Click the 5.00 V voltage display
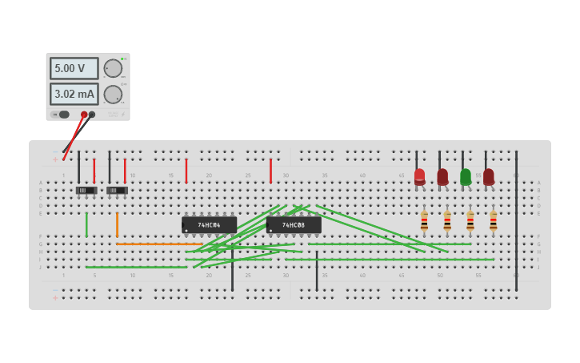coord(74,68)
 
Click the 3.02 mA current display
coord(74,95)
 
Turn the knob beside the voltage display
coord(113,68)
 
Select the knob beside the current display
coord(113,95)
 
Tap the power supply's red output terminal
coord(84,115)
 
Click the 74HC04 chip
coord(209,225)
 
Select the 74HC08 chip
coord(294,225)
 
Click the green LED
coord(466,176)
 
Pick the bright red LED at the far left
coord(419,176)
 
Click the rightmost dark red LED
coord(489,176)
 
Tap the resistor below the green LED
coord(470,220)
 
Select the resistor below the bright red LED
coord(424,220)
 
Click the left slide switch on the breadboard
coord(86,190)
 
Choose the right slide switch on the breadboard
coord(117,190)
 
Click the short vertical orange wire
coord(117,224)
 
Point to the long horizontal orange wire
coord(160,244)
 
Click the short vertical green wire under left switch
coord(86,224)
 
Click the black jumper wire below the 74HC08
coord(317,271)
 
